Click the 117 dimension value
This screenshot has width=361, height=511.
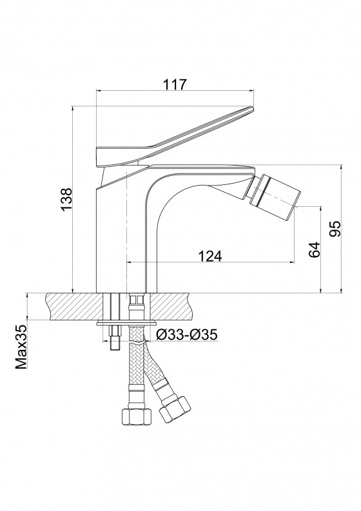tap(175, 84)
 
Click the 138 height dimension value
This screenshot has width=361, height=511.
tap(67, 200)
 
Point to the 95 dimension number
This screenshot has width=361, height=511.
tap(335, 229)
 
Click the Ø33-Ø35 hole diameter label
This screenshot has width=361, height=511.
tap(186, 334)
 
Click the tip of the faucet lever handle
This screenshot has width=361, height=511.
tap(253, 108)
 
